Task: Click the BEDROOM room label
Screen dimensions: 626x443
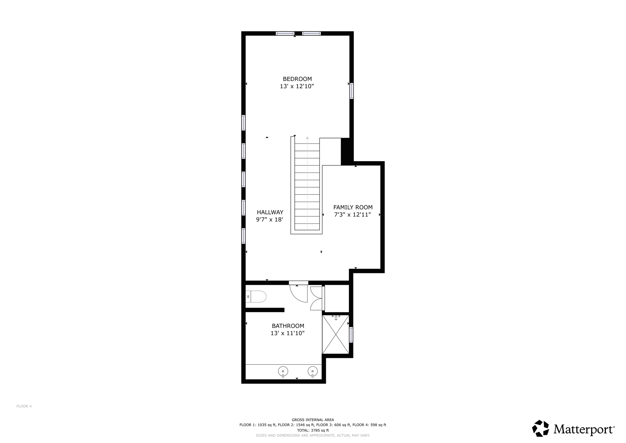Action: [x=297, y=79]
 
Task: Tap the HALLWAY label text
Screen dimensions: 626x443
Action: [x=270, y=212]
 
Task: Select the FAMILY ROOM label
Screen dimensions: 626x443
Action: [x=353, y=207]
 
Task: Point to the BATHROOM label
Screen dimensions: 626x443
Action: [x=288, y=326]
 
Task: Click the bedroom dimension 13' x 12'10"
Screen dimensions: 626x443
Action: [x=297, y=86]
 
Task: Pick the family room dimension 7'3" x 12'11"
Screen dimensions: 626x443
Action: [x=352, y=215]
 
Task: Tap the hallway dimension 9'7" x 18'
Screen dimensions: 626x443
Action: [x=269, y=220]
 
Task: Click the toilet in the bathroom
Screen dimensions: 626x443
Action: [x=256, y=297]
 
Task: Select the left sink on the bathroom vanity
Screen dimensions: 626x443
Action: [x=283, y=372]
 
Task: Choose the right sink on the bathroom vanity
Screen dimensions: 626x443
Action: [x=313, y=372]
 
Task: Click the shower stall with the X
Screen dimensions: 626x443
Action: [x=335, y=334]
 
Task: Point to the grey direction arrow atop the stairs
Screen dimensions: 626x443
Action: [x=307, y=138]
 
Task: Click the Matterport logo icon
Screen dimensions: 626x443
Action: [x=540, y=428]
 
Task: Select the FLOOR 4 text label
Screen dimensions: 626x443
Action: [x=24, y=406]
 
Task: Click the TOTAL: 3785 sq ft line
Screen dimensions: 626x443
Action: [x=313, y=430]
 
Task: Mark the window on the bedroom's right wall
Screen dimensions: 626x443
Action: [x=351, y=91]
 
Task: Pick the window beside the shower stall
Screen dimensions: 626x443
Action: [x=351, y=335]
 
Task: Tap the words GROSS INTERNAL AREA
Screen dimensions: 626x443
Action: [x=313, y=420]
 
